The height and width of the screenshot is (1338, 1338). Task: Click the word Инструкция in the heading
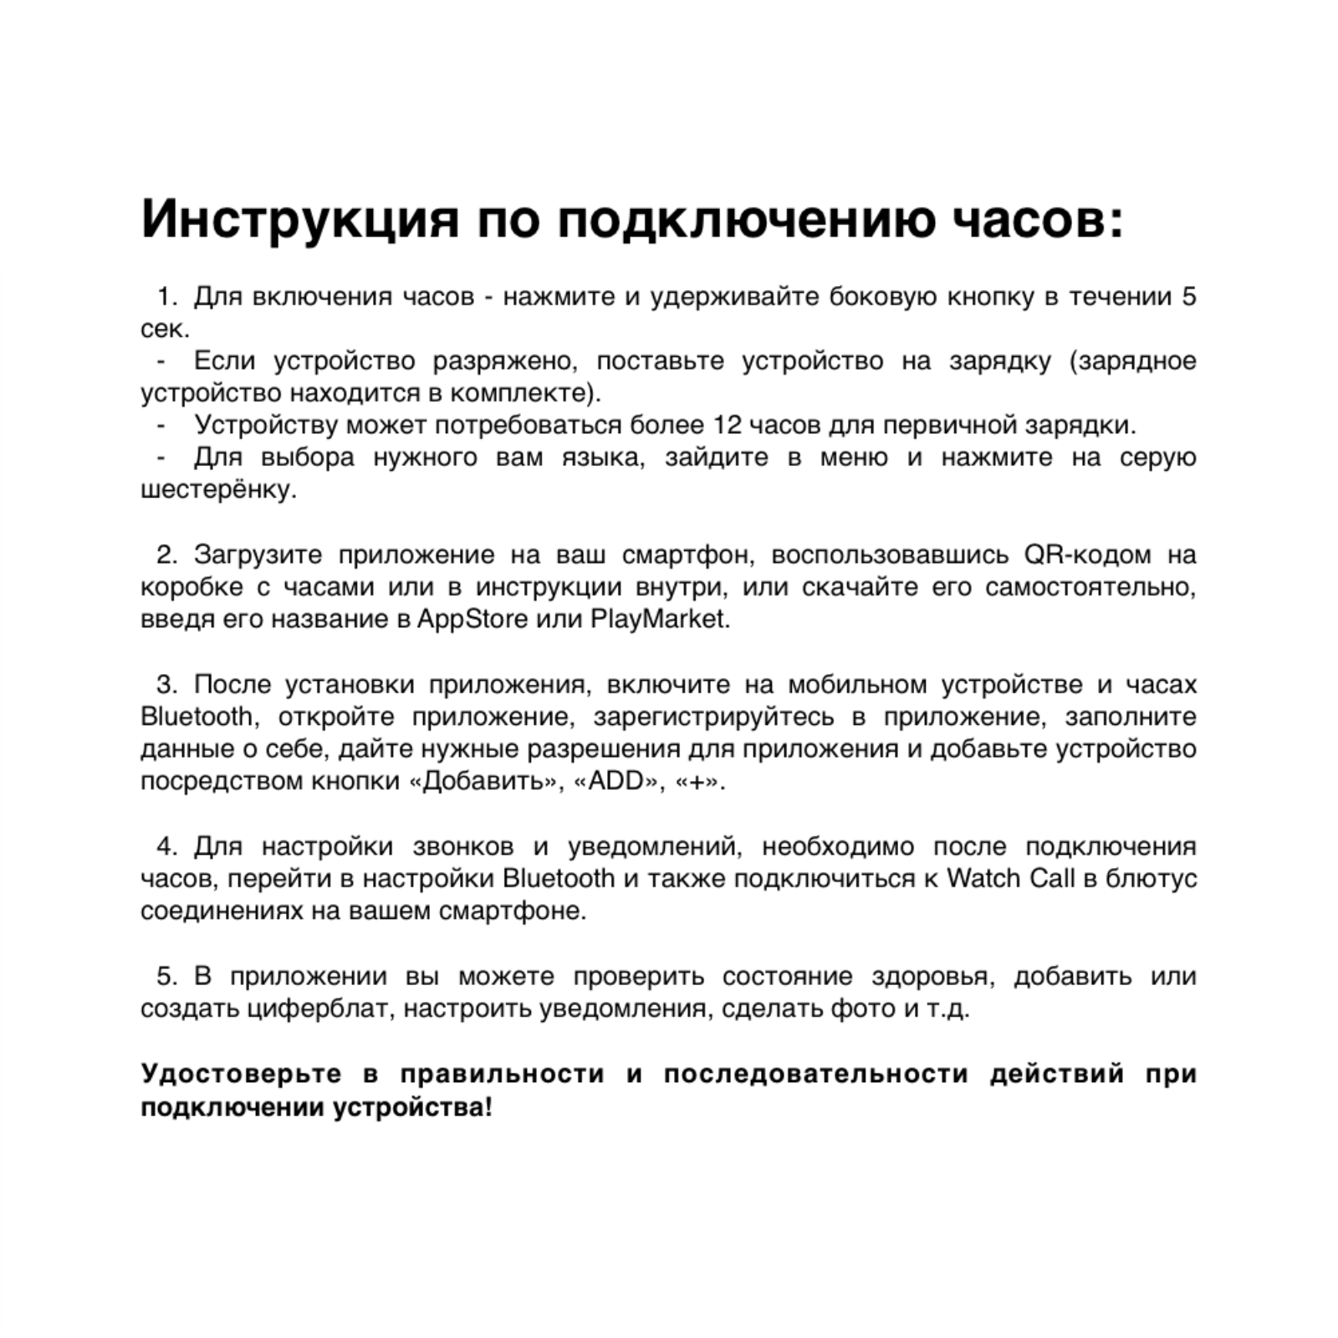point(300,220)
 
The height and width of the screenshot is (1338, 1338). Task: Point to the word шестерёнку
point(217,489)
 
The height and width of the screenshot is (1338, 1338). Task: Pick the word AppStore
point(472,620)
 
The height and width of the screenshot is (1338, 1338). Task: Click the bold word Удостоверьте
point(241,1073)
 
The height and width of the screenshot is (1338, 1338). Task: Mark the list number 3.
point(166,684)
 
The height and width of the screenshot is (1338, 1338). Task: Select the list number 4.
point(166,846)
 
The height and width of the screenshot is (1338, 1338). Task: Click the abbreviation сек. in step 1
point(165,329)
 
